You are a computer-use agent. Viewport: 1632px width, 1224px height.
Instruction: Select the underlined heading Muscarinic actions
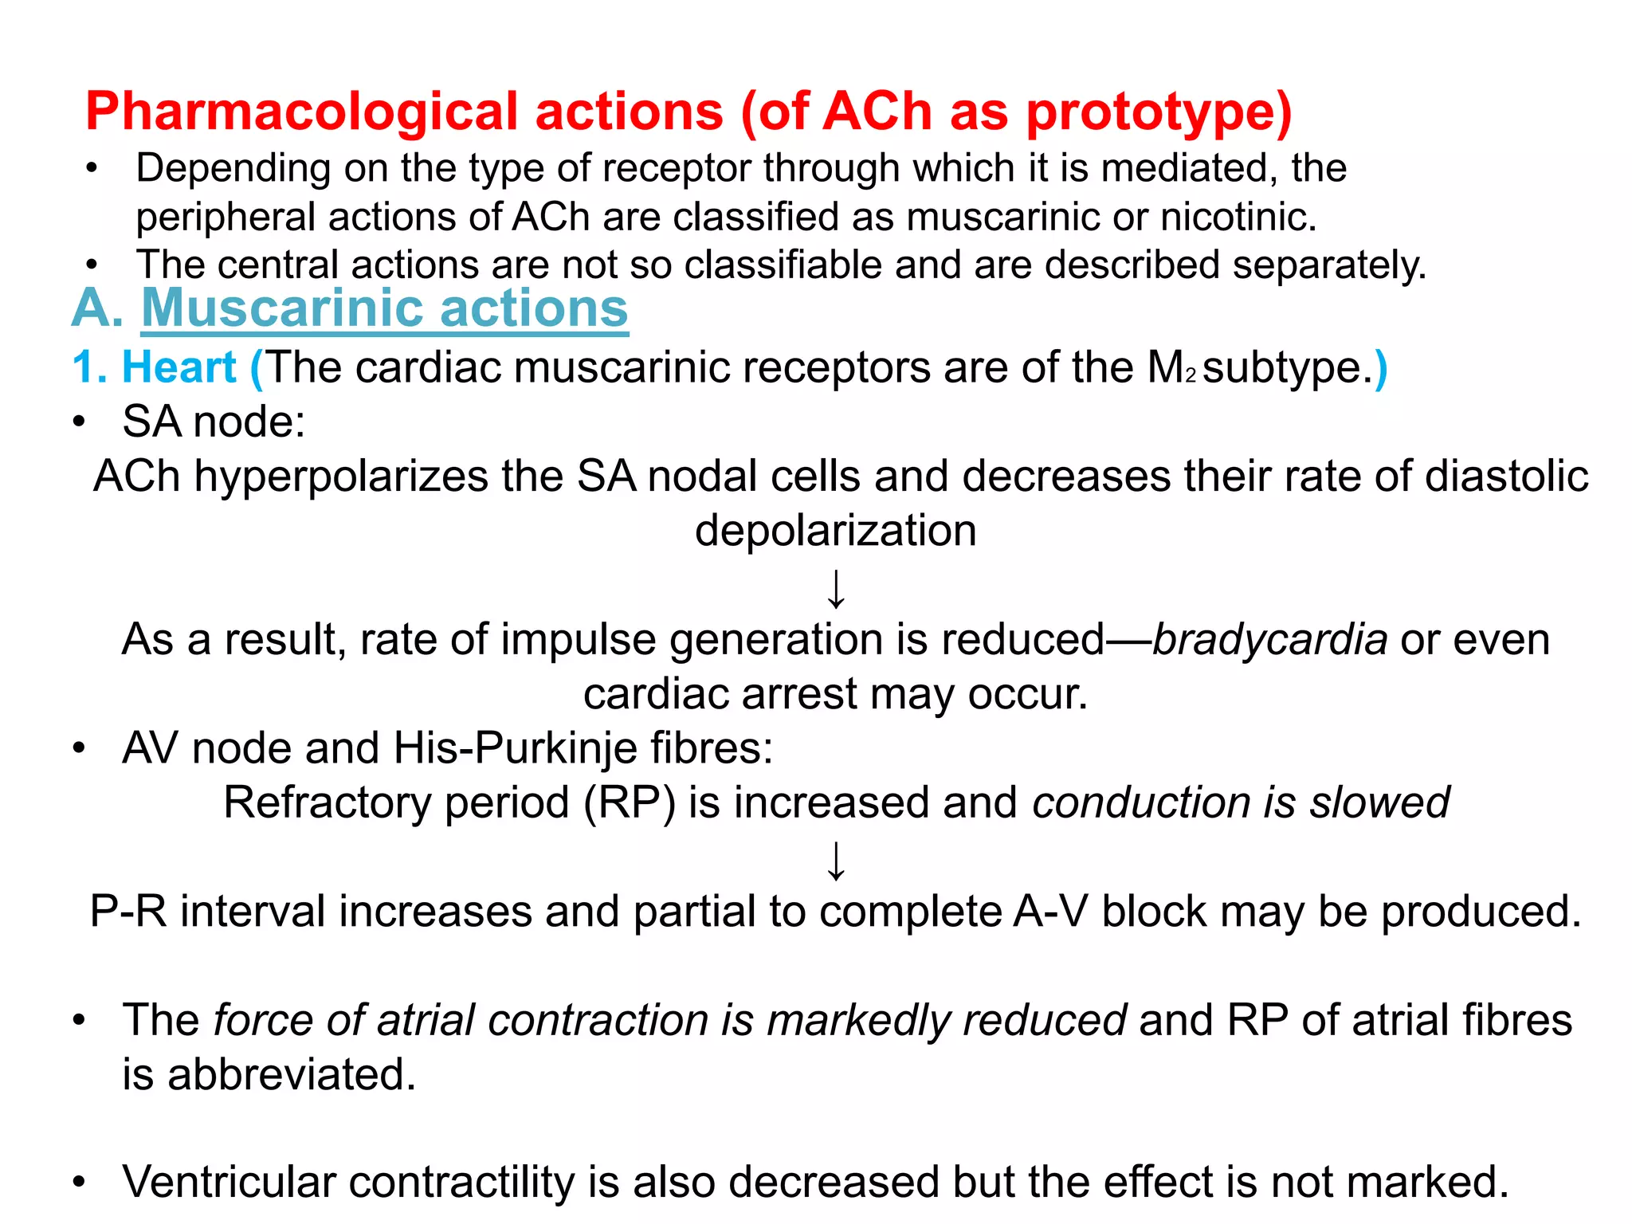pos(385,308)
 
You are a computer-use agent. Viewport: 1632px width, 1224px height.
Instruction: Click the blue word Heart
pos(178,368)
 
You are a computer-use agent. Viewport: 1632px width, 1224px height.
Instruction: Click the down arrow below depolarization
pos(835,589)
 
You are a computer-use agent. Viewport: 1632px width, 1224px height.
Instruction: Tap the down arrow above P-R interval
pos(835,861)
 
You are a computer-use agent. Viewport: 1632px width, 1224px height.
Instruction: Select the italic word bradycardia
pos(1270,640)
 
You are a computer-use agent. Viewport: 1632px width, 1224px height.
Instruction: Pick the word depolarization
pos(835,531)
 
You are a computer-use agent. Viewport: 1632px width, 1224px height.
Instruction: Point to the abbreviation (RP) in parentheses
pos(630,802)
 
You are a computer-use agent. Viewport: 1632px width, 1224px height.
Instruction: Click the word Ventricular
pos(229,1182)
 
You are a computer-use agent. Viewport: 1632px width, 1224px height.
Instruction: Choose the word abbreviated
pos(291,1075)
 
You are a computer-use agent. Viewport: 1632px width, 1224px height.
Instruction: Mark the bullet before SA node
pos(78,422)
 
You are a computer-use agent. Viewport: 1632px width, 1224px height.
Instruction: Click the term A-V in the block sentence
pos(1049,912)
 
